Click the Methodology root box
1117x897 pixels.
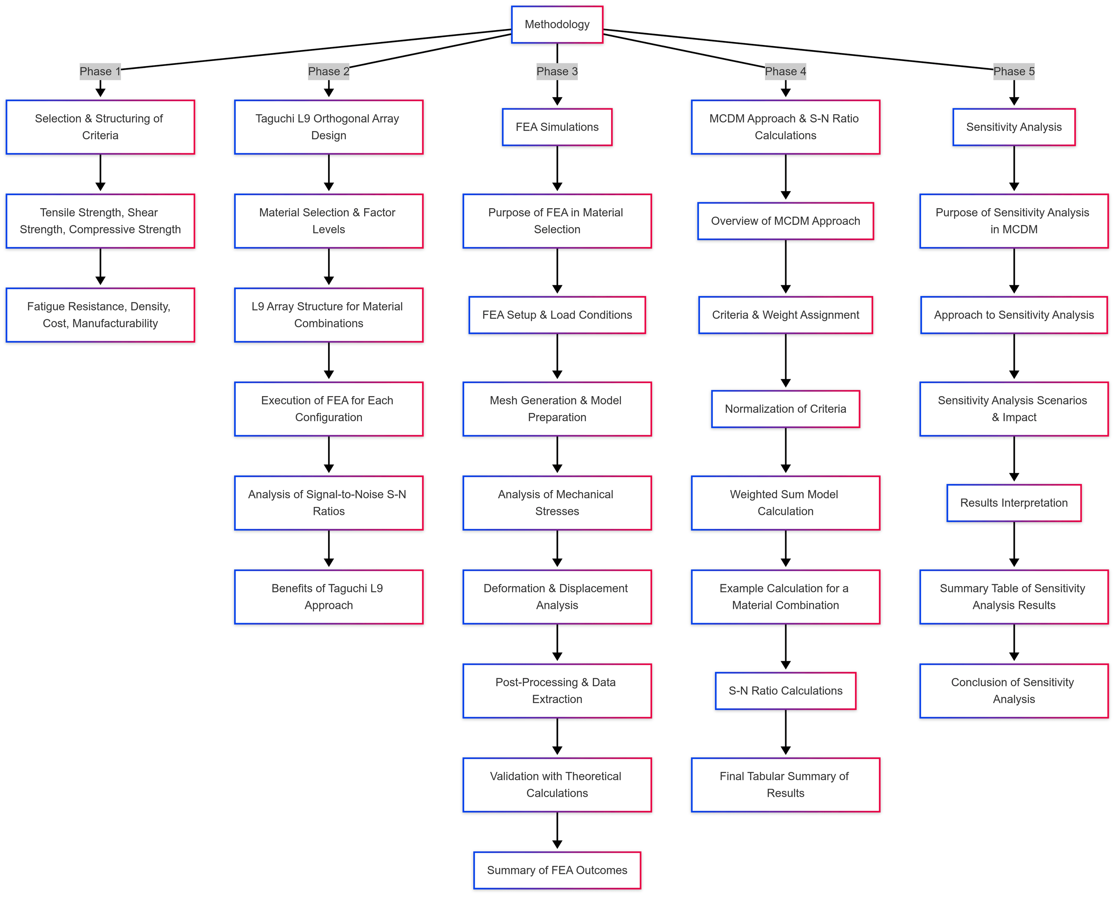[557, 24]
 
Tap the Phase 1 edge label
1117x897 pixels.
[100, 71]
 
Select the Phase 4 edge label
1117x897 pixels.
[785, 71]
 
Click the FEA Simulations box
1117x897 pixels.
[557, 127]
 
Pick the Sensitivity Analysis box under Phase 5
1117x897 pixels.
[1013, 127]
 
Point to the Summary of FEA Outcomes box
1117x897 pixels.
[557, 870]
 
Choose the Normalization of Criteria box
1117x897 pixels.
[785, 409]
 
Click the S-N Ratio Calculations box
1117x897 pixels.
[785, 691]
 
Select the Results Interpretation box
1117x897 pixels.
[1013, 503]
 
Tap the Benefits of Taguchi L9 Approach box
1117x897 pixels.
[328, 597]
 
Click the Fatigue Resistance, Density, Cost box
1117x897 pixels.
[100, 315]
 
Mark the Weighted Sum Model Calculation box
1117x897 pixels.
[785, 503]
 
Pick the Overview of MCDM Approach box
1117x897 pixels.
[785, 221]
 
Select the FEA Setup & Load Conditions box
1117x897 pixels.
[557, 315]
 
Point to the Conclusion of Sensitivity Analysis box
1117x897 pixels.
[1013, 691]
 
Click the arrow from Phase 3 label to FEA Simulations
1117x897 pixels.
[557, 93]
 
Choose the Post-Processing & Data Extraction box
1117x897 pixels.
[557, 691]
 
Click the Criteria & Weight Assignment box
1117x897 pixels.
[785, 315]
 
